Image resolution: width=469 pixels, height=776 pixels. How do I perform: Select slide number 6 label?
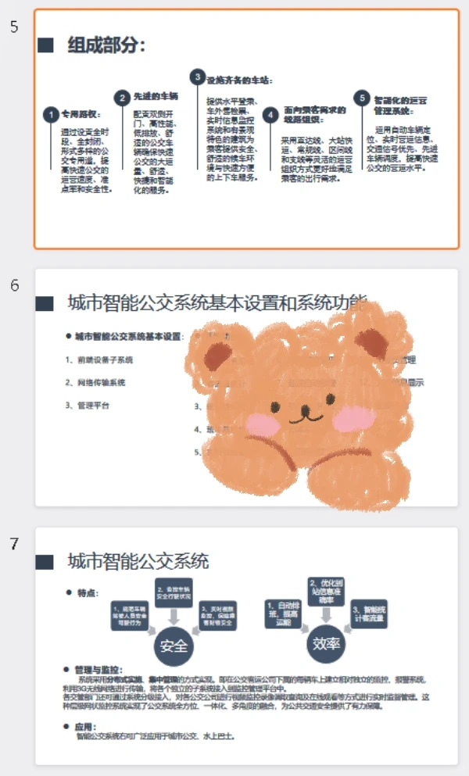14,285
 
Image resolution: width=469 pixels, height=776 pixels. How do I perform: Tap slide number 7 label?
14,543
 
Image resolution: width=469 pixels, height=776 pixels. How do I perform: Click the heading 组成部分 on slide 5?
106,45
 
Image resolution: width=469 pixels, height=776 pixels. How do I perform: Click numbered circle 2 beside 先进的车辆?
122,98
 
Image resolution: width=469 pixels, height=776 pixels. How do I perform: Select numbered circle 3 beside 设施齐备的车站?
197,77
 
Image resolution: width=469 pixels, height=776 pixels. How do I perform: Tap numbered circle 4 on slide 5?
270,115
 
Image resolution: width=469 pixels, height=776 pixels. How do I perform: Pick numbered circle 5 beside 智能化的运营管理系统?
361,98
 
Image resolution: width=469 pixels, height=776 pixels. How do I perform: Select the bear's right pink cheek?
349,420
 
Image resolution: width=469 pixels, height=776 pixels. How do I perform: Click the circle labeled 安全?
174,645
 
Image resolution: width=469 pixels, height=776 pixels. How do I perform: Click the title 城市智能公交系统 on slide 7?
138,561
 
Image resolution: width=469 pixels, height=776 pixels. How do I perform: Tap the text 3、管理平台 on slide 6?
88,406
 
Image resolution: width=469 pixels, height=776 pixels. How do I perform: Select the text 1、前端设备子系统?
99,359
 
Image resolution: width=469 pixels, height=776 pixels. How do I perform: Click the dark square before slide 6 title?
45,302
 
